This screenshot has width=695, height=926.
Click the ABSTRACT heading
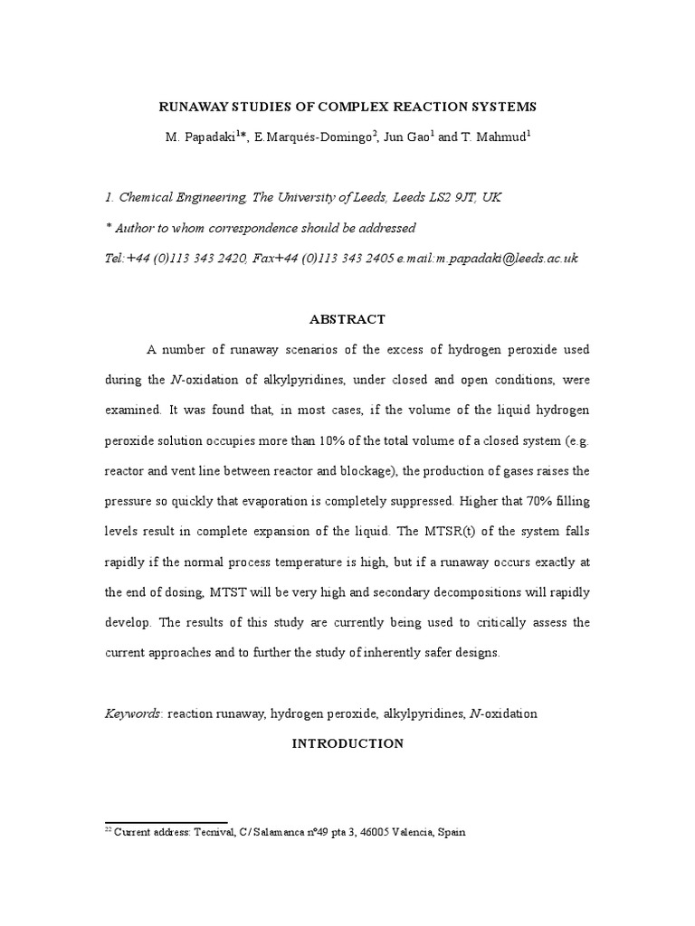pos(347,319)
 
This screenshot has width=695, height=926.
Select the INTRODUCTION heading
pos(347,743)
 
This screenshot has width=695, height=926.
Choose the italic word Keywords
pos(134,713)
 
